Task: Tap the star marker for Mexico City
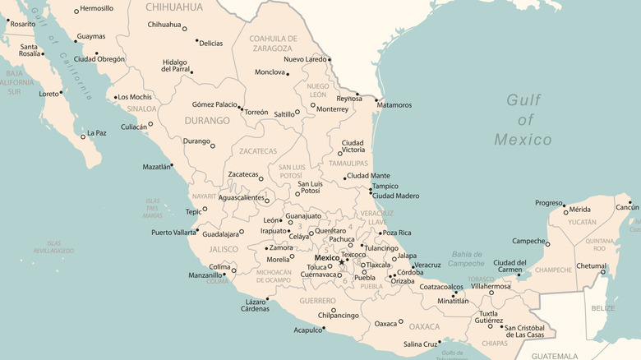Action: pos(342,262)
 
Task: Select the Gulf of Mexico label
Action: pos(523,119)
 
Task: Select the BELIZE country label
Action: pos(603,308)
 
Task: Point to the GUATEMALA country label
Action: pos(555,356)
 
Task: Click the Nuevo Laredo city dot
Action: pos(330,59)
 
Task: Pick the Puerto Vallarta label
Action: pos(173,232)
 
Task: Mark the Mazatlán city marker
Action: pos(172,165)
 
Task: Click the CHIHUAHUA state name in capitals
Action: pos(174,7)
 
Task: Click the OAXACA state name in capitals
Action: pos(425,326)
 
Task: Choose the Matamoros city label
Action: pos(394,105)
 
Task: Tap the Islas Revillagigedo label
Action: pos(54,247)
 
